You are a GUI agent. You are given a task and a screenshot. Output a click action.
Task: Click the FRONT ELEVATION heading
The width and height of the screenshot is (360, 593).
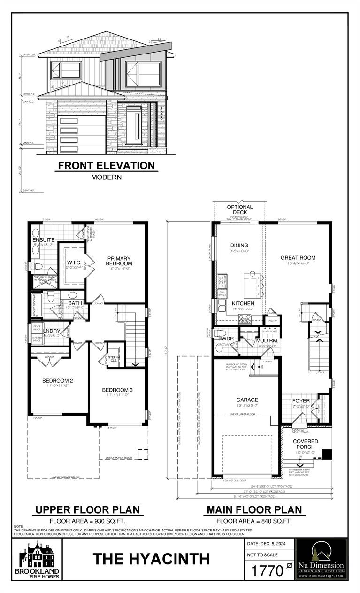tap(106, 165)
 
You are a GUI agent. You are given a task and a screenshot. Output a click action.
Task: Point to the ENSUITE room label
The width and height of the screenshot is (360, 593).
tap(43, 240)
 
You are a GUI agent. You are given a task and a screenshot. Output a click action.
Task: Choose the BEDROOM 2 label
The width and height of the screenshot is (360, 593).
tap(57, 380)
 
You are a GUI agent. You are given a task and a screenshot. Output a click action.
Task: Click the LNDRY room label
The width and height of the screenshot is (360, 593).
tap(52, 331)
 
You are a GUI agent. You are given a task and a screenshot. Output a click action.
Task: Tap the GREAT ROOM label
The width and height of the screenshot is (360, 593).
tap(298, 257)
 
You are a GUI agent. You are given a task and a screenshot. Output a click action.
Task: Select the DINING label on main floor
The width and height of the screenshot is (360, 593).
tap(239, 245)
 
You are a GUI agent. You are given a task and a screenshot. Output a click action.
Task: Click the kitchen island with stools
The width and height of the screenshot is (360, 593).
tap(252, 285)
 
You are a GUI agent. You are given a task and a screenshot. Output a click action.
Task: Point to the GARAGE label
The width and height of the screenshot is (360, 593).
tap(247, 400)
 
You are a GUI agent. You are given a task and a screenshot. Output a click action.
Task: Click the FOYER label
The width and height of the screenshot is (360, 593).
tap(301, 400)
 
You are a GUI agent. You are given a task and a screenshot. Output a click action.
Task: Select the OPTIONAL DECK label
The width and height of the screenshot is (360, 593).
tap(239, 209)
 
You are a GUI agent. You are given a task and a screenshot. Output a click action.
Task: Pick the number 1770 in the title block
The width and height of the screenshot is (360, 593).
tap(268, 571)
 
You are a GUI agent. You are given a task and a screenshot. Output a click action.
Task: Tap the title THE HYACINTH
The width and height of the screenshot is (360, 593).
tap(151, 559)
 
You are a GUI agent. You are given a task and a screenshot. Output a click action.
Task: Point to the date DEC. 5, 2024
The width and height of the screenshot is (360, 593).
tap(269, 543)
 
